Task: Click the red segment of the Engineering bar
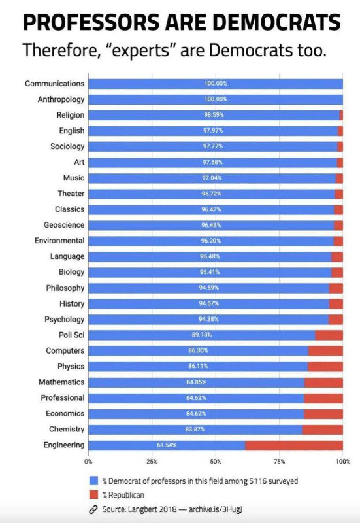click(x=294, y=445)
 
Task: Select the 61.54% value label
click(x=167, y=445)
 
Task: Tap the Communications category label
click(x=55, y=84)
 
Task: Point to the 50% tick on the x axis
click(x=216, y=461)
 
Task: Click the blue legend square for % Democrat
click(x=93, y=481)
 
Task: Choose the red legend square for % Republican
click(x=93, y=495)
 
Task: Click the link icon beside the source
click(x=93, y=510)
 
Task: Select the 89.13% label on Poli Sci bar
click(x=197, y=335)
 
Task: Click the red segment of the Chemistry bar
click(x=322, y=430)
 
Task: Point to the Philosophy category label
click(x=65, y=288)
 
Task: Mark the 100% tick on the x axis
click(x=342, y=461)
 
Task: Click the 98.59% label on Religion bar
click(x=215, y=115)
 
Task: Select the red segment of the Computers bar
click(x=325, y=351)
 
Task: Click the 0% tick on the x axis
click(x=89, y=461)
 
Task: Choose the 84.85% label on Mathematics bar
click(x=197, y=382)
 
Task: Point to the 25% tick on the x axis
click(x=152, y=461)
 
